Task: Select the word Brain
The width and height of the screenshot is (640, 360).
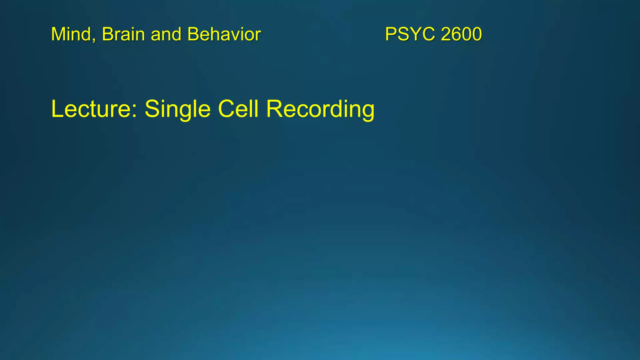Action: pyautogui.click(x=123, y=34)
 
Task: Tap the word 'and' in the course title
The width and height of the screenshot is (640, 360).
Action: pyautogui.click(x=166, y=34)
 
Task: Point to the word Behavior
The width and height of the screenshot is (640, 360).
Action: pyautogui.click(x=224, y=34)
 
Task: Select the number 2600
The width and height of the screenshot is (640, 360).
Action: pyautogui.click(x=462, y=34)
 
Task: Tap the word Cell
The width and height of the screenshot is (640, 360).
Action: pyautogui.click(x=238, y=109)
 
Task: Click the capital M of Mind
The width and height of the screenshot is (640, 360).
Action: pyautogui.click(x=58, y=34)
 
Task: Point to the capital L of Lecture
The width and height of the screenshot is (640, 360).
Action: pyautogui.click(x=57, y=109)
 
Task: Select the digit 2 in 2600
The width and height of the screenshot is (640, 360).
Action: pyautogui.click(x=446, y=34)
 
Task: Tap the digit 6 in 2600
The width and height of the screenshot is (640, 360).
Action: pyautogui.click(x=457, y=34)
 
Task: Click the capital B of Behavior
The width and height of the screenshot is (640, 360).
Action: pyautogui.click(x=193, y=34)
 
